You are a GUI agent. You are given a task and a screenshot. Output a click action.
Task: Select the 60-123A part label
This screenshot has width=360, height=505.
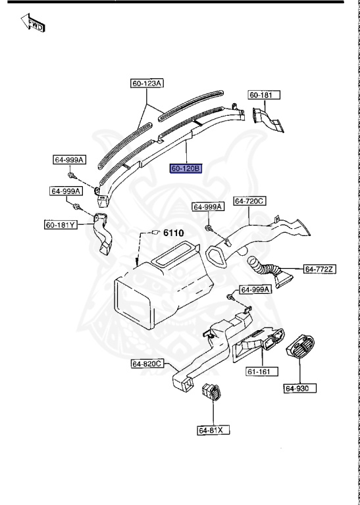(147, 84)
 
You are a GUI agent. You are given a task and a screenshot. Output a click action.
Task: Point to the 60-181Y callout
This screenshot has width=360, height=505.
(61, 225)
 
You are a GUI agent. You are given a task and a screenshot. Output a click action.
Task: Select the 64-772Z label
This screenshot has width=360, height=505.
(320, 269)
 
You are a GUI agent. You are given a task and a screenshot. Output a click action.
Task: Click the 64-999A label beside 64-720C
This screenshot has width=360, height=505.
(208, 206)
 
